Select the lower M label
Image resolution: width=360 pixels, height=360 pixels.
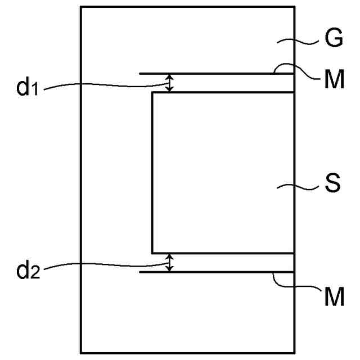pyautogui.click(x=334, y=296)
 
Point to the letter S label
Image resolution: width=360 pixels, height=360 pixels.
pyautogui.click(x=332, y=184)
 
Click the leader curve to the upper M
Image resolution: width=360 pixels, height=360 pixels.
pyautogui.click(x=295, y=71)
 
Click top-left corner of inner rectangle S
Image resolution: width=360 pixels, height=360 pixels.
pyautogui.click(x=152, y=93)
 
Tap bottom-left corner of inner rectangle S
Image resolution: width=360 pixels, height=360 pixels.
pyautogui.click(x=152, y=253)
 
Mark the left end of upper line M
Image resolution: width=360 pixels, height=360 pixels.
pyautogui.click(x=140, y=73)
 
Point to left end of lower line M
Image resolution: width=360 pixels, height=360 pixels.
pyautogui.click(x=140, y=272)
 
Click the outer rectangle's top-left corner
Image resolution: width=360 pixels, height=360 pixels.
pyautogui.click(x=81, y=7)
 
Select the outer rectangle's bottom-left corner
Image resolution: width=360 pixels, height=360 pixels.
pyautogui.click(x=81, y=353)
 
